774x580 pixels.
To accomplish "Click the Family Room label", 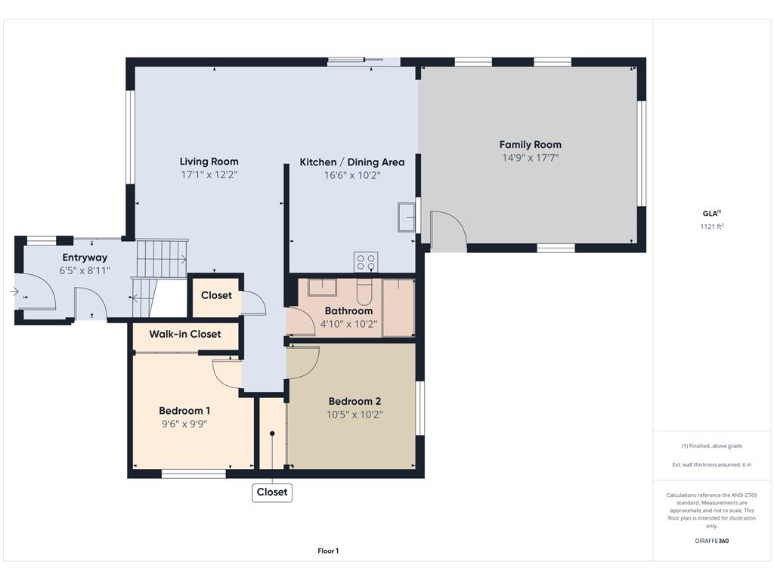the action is click(x=530, y=144).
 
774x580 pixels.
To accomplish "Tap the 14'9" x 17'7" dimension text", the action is click(x=530, y=158).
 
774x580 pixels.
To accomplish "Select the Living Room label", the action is click(x=209, y=162).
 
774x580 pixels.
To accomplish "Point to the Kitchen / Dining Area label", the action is click(x=352, y=162).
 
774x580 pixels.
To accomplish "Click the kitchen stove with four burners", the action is click(x=366, y=262).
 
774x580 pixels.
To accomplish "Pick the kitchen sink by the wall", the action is click(x=406, y=217).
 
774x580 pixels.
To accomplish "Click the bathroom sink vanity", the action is click(x=322, y=287).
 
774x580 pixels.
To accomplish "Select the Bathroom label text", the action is click(x=348, y=310).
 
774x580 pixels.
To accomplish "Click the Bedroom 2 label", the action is click(x=354, y=402).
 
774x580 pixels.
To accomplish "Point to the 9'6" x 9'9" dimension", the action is click(x=184, y=424).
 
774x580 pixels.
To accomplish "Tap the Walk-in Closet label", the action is click(x=185, y=334).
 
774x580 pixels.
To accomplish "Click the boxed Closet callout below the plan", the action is click(x=272, y=492).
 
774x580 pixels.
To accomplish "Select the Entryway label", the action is click(x=85, y=258).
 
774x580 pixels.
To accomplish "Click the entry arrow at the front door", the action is click(x=14, y=292).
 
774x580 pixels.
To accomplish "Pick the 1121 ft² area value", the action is click(x=712, y=227).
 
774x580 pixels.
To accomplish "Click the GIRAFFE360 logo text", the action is click(x=712, y=541).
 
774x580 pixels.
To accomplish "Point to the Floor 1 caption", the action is click(x=328, y=551).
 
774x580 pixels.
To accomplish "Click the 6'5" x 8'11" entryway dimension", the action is click(x=85, y=270).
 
